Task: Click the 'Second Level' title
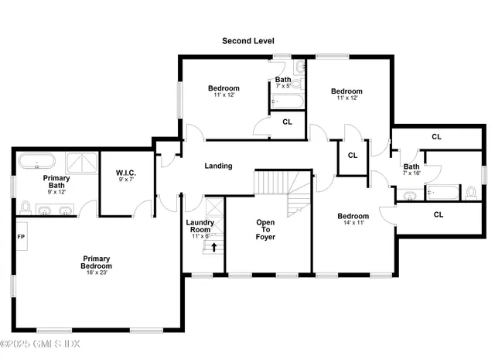click(247, 40)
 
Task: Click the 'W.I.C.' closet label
click(126, 173)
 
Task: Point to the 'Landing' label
click(218, 166)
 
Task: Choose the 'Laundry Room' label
click(200, 226)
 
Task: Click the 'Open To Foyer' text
click(266, 229)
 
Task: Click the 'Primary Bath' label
click(56, 182)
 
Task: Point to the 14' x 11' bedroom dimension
click(353, 223)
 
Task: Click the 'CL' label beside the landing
click(353, 155)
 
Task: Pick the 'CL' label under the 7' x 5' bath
click(287, 122)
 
